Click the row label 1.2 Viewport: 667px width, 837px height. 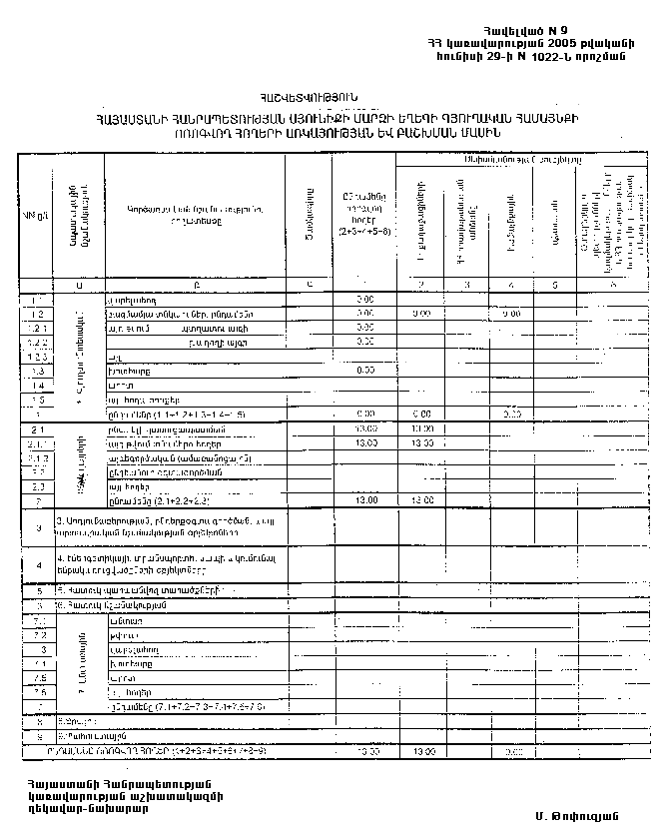pos(37,314)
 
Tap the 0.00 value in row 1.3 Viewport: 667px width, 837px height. pos(364,370)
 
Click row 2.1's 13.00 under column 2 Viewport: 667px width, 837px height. pos(424,427)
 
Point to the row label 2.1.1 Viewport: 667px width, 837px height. pos(37,441)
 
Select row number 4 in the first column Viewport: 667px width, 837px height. pos(37,564)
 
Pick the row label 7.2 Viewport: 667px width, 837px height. pos(37,634)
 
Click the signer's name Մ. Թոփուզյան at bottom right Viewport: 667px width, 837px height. pos(566,816)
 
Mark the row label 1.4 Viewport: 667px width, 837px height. pos(37,384)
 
